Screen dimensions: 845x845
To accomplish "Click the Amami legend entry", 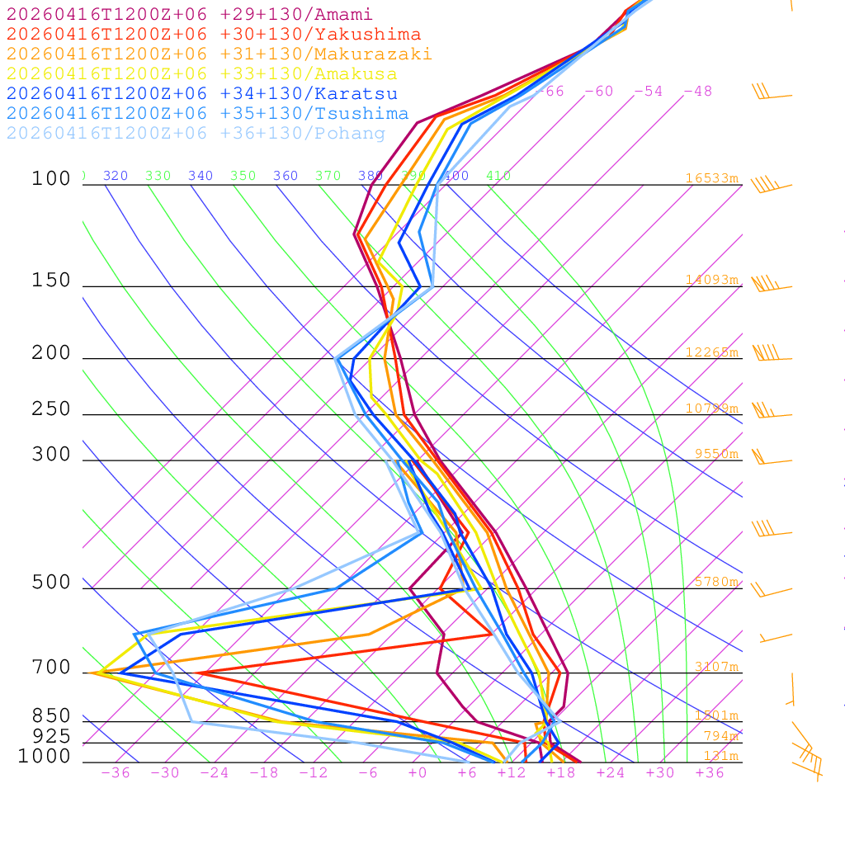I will click(190, 15).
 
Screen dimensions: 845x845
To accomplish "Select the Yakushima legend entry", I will click(214, 35).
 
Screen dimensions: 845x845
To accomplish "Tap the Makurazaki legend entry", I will click(220, 54).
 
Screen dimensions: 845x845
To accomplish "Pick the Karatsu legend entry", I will click(202, 94).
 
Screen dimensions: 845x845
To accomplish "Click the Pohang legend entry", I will click(196, 134).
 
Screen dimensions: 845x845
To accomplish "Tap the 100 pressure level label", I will click(51, 179).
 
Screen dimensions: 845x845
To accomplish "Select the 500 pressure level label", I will click(51, 583).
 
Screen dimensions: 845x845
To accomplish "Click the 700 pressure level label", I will click(51, 668).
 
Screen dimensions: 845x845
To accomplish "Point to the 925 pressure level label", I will click(51, 736).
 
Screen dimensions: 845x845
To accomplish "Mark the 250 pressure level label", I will click(51, 409).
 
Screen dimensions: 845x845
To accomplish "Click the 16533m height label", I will click(711, 178).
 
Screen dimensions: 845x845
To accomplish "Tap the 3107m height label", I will click(716, 667).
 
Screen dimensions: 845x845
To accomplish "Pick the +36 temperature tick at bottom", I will click(710, 773).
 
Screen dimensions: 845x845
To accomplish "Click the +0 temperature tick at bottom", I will click(418, 773).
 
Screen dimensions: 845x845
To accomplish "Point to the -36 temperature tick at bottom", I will click(116, 773).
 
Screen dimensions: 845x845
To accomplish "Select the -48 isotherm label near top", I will click(697, 92).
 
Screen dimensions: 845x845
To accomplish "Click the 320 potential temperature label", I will click(116, 176).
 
